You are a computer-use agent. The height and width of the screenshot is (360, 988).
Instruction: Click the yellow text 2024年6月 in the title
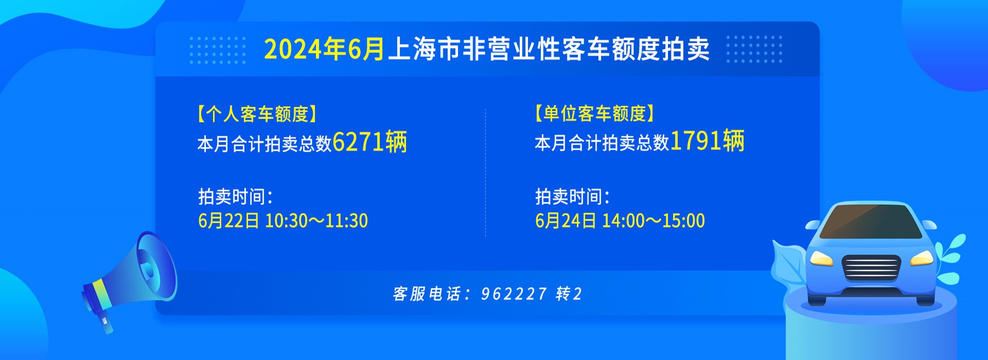click(324, 49)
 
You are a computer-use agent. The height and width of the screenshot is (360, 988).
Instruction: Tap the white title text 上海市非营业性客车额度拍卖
click(549, 49)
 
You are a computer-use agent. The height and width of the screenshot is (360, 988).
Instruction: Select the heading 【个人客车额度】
click(257, 114)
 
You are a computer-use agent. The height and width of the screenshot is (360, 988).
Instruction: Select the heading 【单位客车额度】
click(594, 113)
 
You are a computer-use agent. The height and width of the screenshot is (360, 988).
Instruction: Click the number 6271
click(358, 142)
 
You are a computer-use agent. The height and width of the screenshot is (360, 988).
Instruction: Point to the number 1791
click(696, 141)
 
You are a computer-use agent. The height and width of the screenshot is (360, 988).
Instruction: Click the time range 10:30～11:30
click(316, 221)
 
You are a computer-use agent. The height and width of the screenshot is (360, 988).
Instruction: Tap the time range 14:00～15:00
click(654, 221)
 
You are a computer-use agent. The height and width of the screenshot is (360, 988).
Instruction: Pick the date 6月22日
click(228, 221)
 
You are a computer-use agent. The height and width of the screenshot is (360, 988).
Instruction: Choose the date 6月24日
click(566, 221)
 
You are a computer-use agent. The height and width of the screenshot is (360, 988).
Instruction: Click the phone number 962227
click(514, 294)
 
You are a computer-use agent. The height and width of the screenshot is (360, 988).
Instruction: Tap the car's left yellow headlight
click(821, 258)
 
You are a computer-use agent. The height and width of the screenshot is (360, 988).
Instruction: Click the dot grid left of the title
click(218, 50)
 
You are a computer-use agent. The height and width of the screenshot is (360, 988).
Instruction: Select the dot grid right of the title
click(754, 50)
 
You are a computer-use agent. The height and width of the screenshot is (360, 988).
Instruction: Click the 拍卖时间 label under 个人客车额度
click(235, 196)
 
